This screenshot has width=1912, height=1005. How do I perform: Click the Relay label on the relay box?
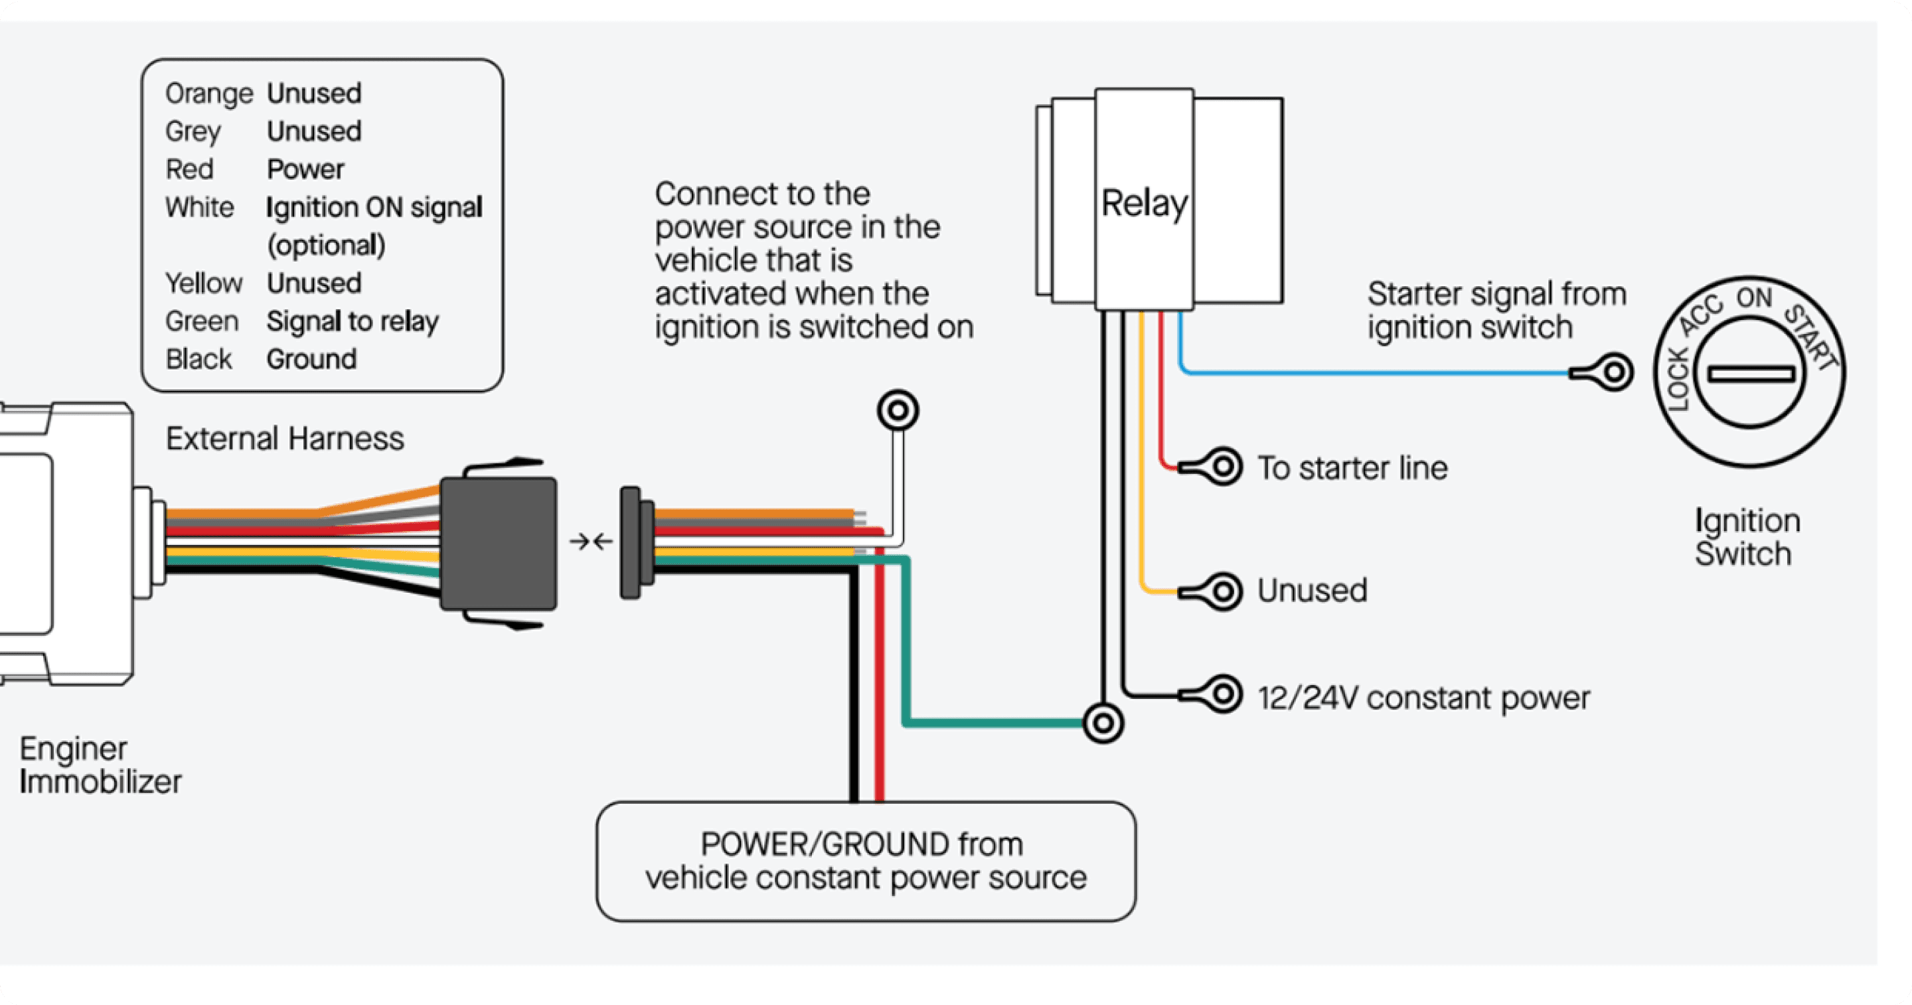(x=1144, y=203)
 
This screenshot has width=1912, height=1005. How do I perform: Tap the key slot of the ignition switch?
(x=1751, y=373)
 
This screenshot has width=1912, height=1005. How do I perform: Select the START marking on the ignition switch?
(x=1811, y=338)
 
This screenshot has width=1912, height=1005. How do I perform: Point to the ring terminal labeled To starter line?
(x=1222, y=467)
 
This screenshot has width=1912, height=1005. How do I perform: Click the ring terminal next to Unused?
(x=1222, y=591)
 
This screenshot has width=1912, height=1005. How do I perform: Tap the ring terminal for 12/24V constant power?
(x=1222, y=696)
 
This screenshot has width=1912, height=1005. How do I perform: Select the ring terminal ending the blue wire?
(x=1613, y=372)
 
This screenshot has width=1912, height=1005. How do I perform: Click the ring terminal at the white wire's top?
(x=898, y=410)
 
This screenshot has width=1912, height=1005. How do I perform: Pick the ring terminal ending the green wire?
(x=1103, y=722)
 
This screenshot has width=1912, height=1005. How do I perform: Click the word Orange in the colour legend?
(x=208, y=94)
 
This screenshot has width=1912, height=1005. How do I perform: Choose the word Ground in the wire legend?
(x=312, y=359)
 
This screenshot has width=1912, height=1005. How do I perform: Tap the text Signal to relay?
(x=353, y=321)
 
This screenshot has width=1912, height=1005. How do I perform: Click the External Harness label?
(x=284, y=439)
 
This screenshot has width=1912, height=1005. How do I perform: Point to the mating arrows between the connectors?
(x=592, y=542)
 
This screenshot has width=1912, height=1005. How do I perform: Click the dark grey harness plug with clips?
(x=499, y=543)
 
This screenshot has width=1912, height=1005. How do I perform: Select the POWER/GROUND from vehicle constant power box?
(x=866, y=861)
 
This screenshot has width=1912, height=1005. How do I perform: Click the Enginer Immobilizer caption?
(x=100, y=765)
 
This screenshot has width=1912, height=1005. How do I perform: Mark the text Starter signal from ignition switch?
(x=1496, y=310)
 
